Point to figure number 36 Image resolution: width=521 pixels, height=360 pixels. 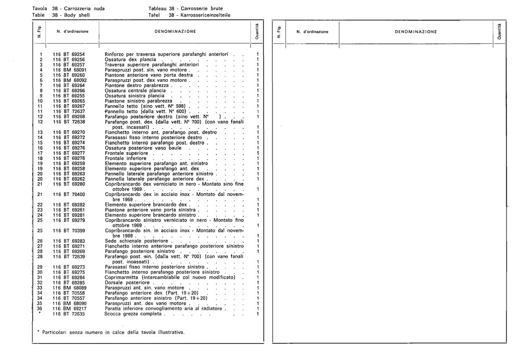(40, 308)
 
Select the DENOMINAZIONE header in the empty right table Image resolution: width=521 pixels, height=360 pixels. (415, 32)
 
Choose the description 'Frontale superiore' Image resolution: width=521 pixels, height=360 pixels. (126, 153)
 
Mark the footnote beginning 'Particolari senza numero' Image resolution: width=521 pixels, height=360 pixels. (113, 332)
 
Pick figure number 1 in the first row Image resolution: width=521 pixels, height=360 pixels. (40, 55)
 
